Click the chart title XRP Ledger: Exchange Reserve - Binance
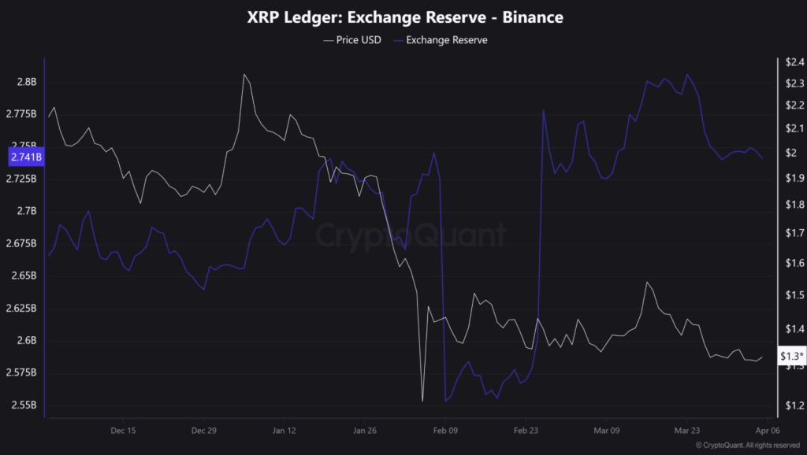[x=403, y=17]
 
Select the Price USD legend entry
[x=352, y=40]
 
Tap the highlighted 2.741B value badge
[x=26, y=157]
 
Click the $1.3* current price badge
[x=791, y=357]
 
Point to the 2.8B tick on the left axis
[x=26, y=82]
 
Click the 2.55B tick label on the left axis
[x=23, y=405]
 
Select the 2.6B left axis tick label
[x=26, y=341]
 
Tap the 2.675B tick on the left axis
[x=23, y=243]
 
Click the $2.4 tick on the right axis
[x=791, y=61]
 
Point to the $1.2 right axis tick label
[x=791, y=405]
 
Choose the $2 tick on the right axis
[x=788, y=153]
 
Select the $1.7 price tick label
[x=791, y=233]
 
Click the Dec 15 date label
[x=124, y=431]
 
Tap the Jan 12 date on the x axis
[x=284, y=431]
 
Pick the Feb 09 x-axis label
[x=445, y=431]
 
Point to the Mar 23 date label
[x=687, y=431]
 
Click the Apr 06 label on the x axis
[x=768, y=431]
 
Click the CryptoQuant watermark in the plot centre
[x=411, y=235]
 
